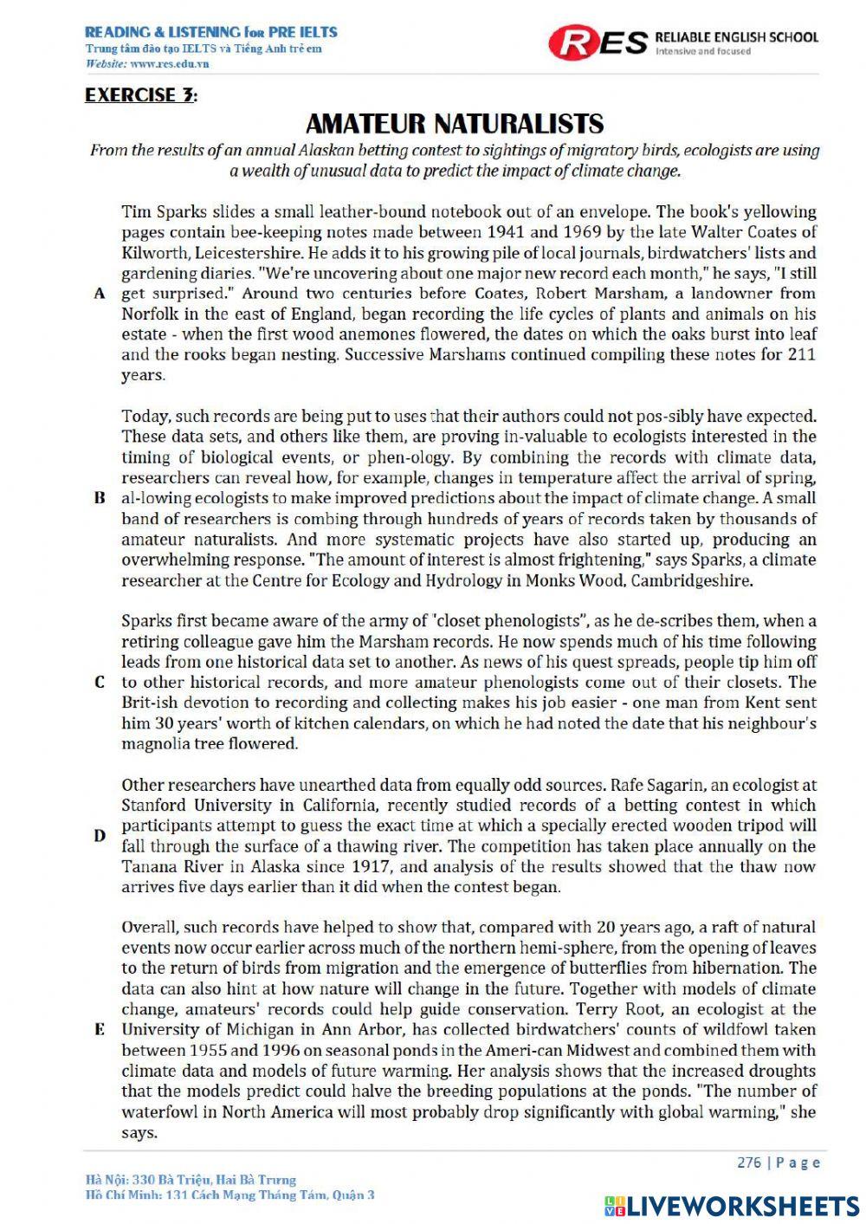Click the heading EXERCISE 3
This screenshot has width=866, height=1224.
tap(141, 95)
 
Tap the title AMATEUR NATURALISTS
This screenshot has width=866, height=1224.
tap(455, 123)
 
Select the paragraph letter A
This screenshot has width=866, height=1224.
tap(100, 294)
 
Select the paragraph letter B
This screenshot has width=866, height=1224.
tap(100, 498)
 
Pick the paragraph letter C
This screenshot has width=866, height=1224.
tap(100, 683)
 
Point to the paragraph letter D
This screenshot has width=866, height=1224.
tap(100, 836)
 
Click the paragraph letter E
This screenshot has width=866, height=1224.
tap(100, 1030)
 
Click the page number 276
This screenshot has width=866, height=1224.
tap(750, 1162)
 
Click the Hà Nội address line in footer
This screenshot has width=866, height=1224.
tap(191, 1179)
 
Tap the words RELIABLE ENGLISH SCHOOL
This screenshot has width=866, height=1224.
tap(736, 36)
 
